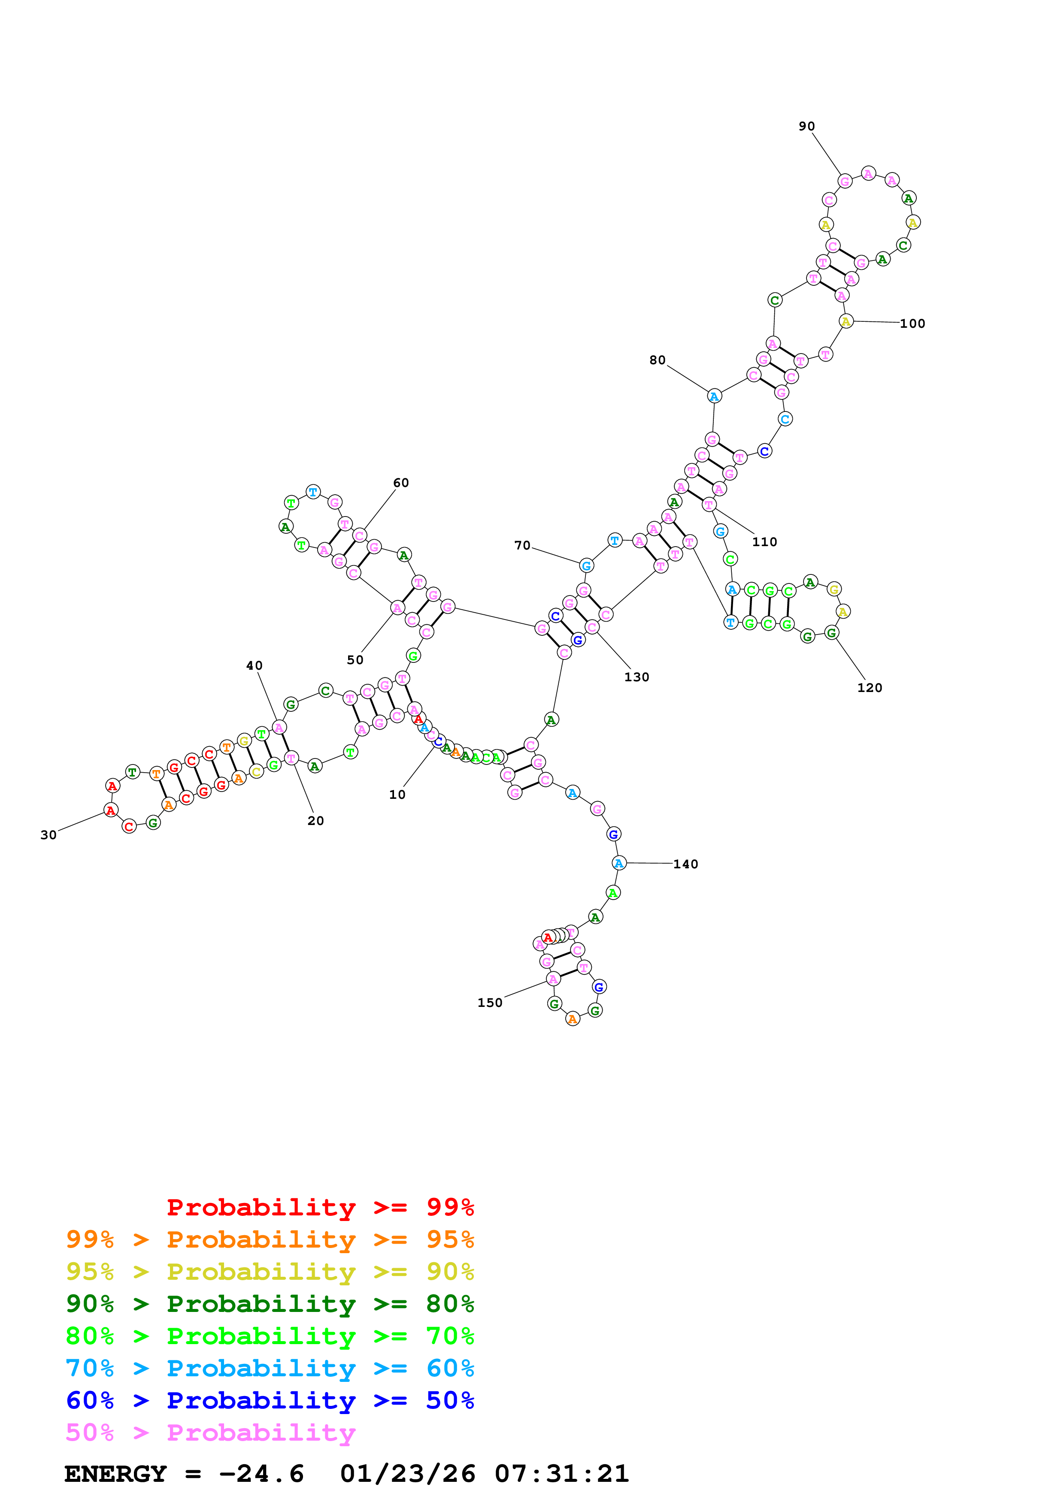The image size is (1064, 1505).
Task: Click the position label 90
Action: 806,127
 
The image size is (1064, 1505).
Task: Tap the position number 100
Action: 912,324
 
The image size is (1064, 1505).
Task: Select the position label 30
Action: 49,835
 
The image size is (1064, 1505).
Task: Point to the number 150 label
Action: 490,1003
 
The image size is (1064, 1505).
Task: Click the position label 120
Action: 869,688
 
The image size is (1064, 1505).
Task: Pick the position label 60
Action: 400,483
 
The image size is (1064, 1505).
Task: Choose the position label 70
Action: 522,545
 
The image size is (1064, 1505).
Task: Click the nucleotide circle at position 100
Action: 846,321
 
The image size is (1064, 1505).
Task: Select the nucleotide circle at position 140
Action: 618,863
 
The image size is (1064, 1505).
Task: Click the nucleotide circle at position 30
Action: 111,811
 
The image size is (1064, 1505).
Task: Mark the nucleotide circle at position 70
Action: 586,566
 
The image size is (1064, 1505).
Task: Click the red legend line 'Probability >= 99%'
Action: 320,1207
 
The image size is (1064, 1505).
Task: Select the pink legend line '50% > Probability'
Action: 210,1433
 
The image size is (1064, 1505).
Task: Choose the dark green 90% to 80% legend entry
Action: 270,1304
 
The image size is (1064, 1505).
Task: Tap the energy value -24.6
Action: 261,1474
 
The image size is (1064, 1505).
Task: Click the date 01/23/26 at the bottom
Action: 407,1474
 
